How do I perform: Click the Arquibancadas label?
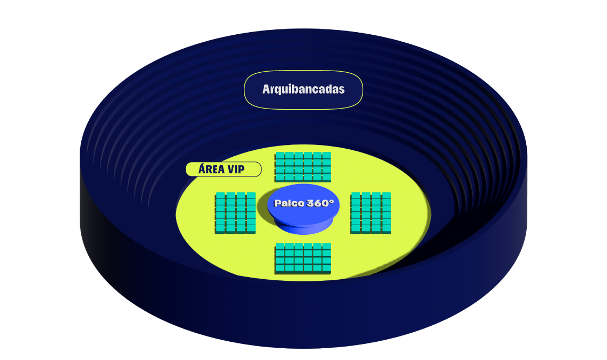[x=303, y=90]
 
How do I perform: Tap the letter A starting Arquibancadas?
[x=266, y=89]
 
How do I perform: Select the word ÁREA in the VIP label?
[x=211, y=170]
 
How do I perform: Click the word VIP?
[x=236, y=170]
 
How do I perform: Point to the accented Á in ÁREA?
[x=202, y=169]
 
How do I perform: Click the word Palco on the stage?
[x=289, y=203]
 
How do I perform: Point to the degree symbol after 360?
[x=332, y=201]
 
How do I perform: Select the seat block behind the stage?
[x=303, y=166]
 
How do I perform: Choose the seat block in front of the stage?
[x=303, y=258]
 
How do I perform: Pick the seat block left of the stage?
[x=235, y=212]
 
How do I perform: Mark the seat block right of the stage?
[x=371, y=212]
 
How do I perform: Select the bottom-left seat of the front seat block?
[x=280, y=267]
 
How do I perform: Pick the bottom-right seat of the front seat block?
[x=326, y=267]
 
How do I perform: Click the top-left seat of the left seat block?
[x=220, y=196]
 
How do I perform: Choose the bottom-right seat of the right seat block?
[x=386, y=228]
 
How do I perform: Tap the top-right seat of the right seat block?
[x=386, y=196]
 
